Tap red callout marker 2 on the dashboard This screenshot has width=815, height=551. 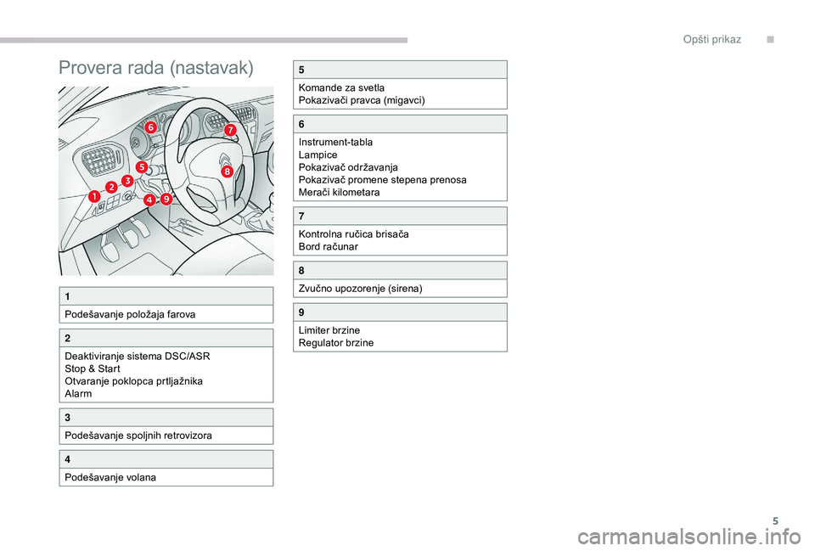click(111, 186)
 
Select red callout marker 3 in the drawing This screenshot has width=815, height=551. click(127, 181)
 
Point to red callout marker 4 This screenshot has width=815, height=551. click(149, 200)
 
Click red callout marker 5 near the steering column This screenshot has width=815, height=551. click(141, 167)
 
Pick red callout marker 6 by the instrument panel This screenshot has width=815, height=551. click(150, 127)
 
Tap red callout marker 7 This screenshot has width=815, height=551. click(230, 130)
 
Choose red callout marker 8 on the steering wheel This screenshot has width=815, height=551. click(228, 171)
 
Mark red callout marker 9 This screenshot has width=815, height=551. click(166, 199)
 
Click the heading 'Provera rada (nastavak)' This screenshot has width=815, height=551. click(156, 68)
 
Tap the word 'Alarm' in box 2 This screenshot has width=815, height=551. click(77, 394)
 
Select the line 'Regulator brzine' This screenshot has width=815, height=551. click(335, 343)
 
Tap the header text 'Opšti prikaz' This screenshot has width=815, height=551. click(712, 40)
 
